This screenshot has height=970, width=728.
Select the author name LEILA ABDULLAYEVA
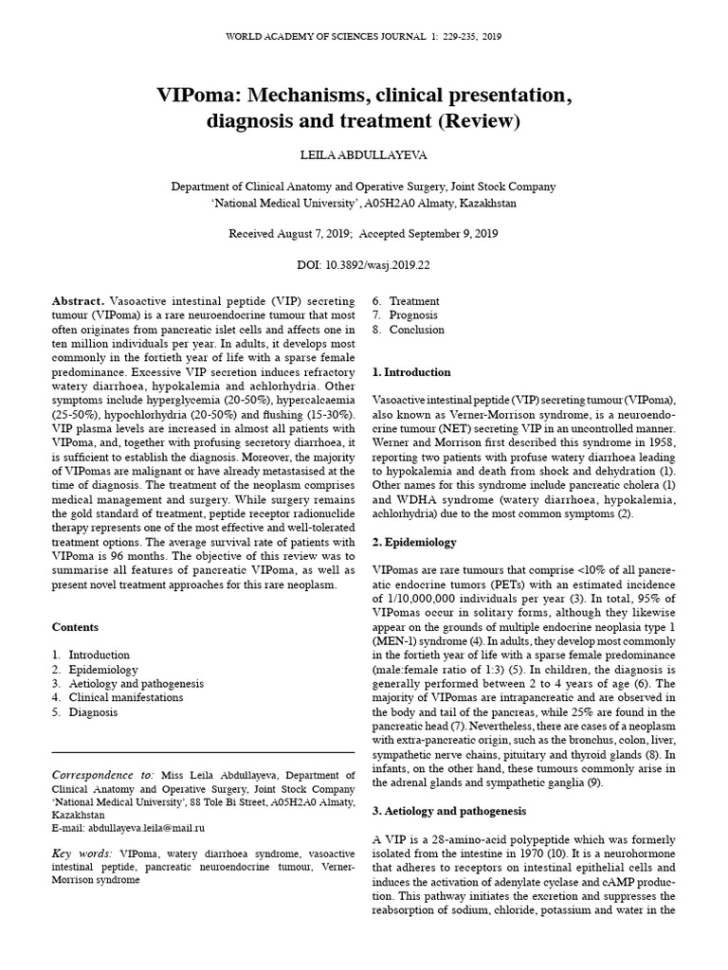click(x=363, y=153)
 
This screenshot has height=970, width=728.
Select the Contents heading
click(x=75, y=627)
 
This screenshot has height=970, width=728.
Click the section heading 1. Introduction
click(x=411, y=372)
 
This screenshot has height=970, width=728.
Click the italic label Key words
click(x=82, y=853)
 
